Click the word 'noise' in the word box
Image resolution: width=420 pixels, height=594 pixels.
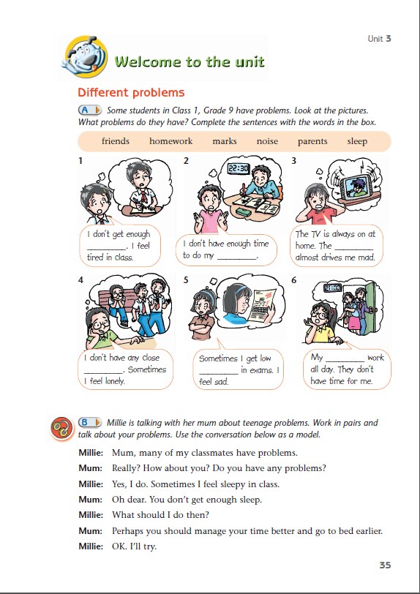tap(267, 141)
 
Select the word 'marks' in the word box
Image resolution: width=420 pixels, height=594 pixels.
tap(225, 141)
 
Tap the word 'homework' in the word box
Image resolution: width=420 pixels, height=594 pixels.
tap(171, 141)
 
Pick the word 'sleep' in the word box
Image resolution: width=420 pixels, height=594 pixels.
tap(357, 142)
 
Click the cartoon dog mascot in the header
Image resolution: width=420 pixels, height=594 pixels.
tap(85, 57)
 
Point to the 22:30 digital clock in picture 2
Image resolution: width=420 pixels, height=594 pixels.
tap(239, 168)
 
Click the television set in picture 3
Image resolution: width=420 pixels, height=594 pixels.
tap(356, 187)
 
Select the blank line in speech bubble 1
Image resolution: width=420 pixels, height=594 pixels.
tap(106, 249)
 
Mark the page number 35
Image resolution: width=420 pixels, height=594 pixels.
tap(385, 565)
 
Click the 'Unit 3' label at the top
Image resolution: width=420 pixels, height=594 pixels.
tap(380, 39)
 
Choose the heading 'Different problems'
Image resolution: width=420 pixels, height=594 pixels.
tap(131, 93)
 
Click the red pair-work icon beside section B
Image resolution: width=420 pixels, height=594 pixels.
tap(61, 429)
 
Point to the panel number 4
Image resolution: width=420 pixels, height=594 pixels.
tap(80, 280)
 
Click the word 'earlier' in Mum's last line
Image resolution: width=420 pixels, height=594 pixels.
tap(367, 531)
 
